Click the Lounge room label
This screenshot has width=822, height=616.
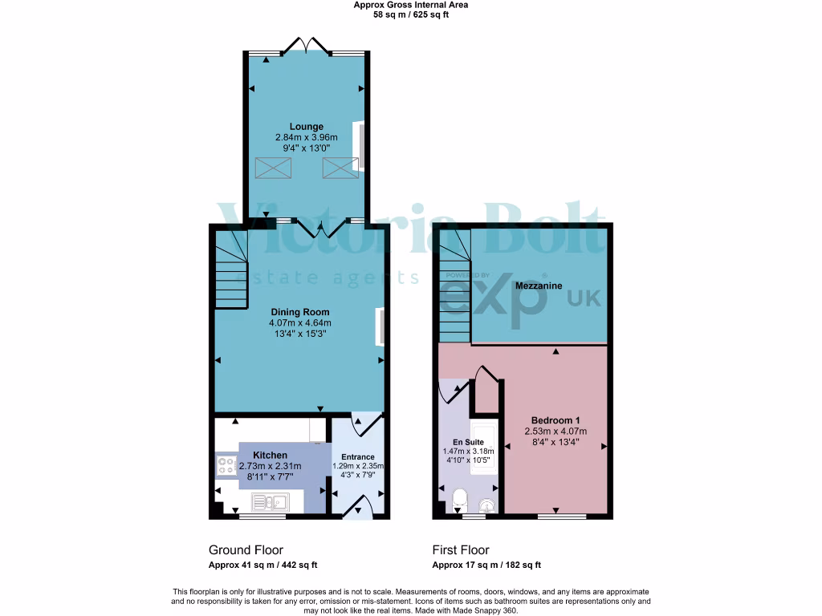pyautogui.click(x=307, y=127)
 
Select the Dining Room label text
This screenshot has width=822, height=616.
pyautogui.click(x=299, y=312)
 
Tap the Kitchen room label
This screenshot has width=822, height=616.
pyautogui.click(x=270, y=455)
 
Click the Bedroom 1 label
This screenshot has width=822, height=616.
pyautogui.click(x=555, y=420)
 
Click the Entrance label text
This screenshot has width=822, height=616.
pyautogui.click(x=358, y=457)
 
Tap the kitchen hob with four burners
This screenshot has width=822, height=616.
pyautogui.click(x=225, y=465)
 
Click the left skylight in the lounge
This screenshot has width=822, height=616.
pyautogui.click(x=274, y=168)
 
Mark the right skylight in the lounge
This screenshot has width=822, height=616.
pyautogui.click(x=340, y=168)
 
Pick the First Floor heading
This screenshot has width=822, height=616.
pyautogui.click(x=461, y=550)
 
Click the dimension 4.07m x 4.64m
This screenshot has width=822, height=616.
pyautogui.click(x=299, y=322)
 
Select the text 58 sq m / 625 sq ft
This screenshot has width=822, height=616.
pyautogui.click(x=410, y=14)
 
